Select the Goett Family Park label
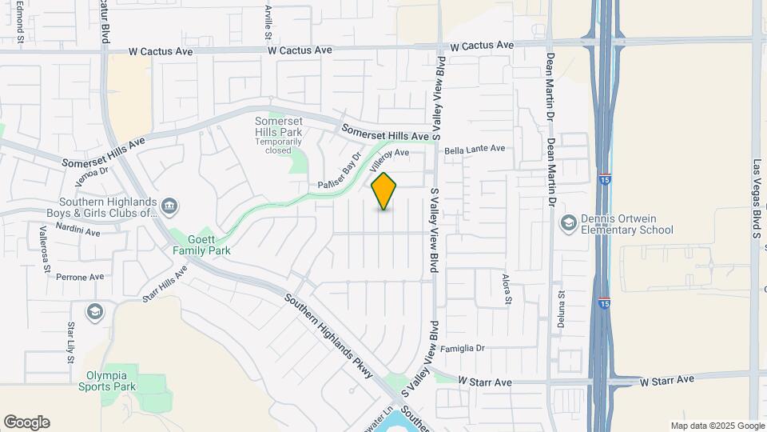(203, 244)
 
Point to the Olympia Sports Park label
(108, 380)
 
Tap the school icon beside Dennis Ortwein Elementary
(569, 222)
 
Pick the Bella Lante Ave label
(475, 149)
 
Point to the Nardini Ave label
(77, 233)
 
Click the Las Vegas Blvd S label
(755, 198)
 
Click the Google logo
(26, 422)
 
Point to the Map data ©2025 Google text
(717, 426)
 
